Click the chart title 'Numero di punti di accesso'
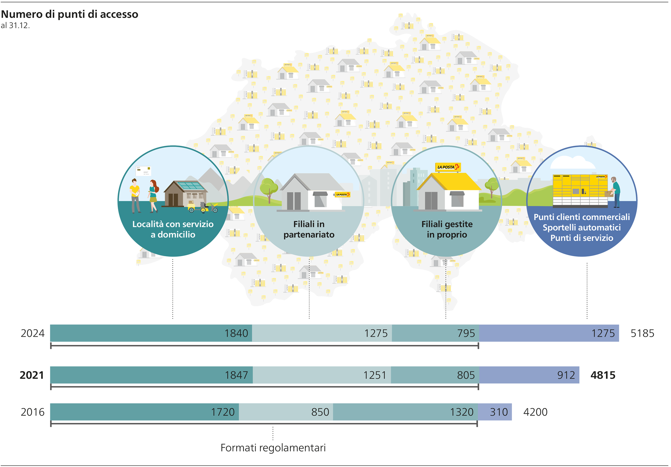click(69, 14)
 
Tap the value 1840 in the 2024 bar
click(236, 333)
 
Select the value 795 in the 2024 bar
click(466, 333)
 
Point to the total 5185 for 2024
click(642, 333)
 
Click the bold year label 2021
click(32, 375)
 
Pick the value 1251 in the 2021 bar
click(375, 375)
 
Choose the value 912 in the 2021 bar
click(566, 375)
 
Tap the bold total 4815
click(603, 375)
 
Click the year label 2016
click(33, 412)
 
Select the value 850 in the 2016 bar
click(320, 412)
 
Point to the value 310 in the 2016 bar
click(499, 412)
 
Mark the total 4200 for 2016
click(535, 412)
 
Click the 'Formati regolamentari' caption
click(273, 448)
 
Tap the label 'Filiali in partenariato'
click(309, 229)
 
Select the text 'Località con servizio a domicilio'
click(173, 229)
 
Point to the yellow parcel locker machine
click(580, 190)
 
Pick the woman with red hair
click(153, 196)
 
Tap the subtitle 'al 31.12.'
click(15, 26)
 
